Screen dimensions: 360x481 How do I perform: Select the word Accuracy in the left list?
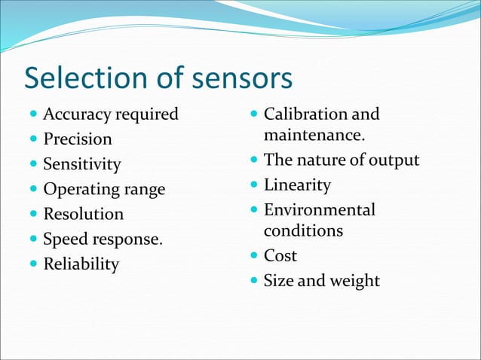coord(77,114)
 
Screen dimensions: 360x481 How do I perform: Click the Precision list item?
coord(78,139)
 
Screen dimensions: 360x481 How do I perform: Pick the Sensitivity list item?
coord(81,164)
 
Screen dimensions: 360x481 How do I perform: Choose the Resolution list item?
coord(83,214)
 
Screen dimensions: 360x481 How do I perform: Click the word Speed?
coord(65,239)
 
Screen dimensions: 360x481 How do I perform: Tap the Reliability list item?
coord(81,264)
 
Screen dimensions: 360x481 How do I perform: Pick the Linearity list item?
coord(297,185)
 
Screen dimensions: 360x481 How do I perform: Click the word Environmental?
coord(319,209)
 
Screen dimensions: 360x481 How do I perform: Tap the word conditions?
coord(303,230)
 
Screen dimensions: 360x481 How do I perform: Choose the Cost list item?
coord(280,255)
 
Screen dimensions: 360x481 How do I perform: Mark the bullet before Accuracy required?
coord(33,115)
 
